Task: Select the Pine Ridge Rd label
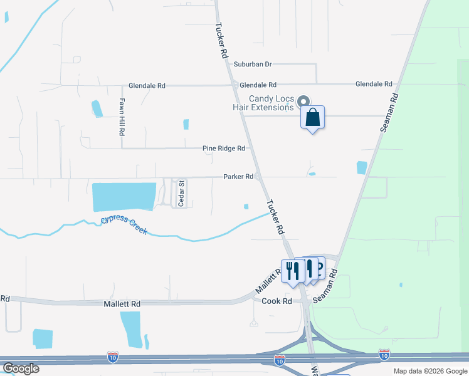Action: (x=223, y=149)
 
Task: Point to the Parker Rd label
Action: (x=238, y=177)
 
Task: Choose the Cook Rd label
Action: (x=277, y=301)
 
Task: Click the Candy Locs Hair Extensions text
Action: (x=271, y=103)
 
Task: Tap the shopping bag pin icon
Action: (x=313, y=117)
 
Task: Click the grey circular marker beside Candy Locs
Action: (x=303, y=102)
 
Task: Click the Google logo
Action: (x=20, y=368)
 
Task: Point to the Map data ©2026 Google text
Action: (x=429, y=371)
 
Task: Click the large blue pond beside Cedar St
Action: (x=124, y=197)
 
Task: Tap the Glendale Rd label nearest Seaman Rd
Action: (x=373, y=84)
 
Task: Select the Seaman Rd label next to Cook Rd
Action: (x=325, y=287)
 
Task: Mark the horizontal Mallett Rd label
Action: (x=122, y=303)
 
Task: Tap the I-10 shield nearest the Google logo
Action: (x=113, y=357)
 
